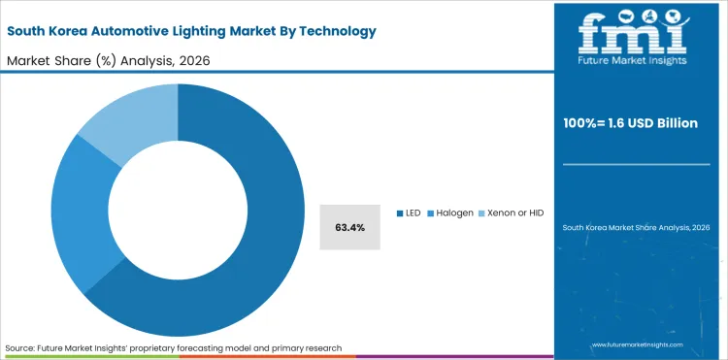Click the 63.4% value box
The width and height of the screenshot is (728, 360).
[x=349, y=227]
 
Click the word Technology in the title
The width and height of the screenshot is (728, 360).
[x=329, y=31]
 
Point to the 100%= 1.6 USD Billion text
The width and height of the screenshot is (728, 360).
[x=637, y=123]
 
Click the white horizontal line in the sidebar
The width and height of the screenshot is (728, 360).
[x=637, y=164]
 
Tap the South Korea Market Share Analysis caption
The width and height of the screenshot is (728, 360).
[x=637, y=227]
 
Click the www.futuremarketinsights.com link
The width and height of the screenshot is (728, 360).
[x=637, y=344]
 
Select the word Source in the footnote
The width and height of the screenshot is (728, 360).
[x=20, y=347]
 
